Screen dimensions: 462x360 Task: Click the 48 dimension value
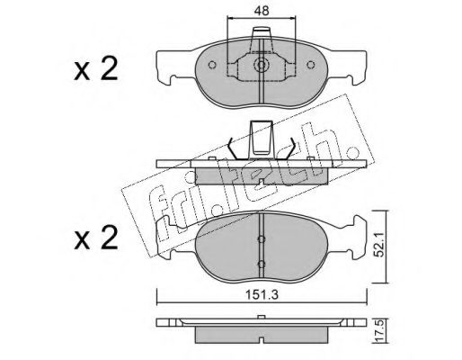[262, 11]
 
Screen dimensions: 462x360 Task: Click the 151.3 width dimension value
[262, 295]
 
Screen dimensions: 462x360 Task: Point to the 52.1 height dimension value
[380, 246]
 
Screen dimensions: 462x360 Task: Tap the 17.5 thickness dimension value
[379, 331]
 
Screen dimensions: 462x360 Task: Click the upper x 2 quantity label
[95, 69]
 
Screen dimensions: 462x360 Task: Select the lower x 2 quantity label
[95, 238]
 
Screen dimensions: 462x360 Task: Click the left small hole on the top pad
[212, 65]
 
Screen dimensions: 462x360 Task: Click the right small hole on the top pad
[311, 65]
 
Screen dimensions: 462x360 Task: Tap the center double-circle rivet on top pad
[262, 65]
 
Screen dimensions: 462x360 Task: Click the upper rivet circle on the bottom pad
[262, 238]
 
